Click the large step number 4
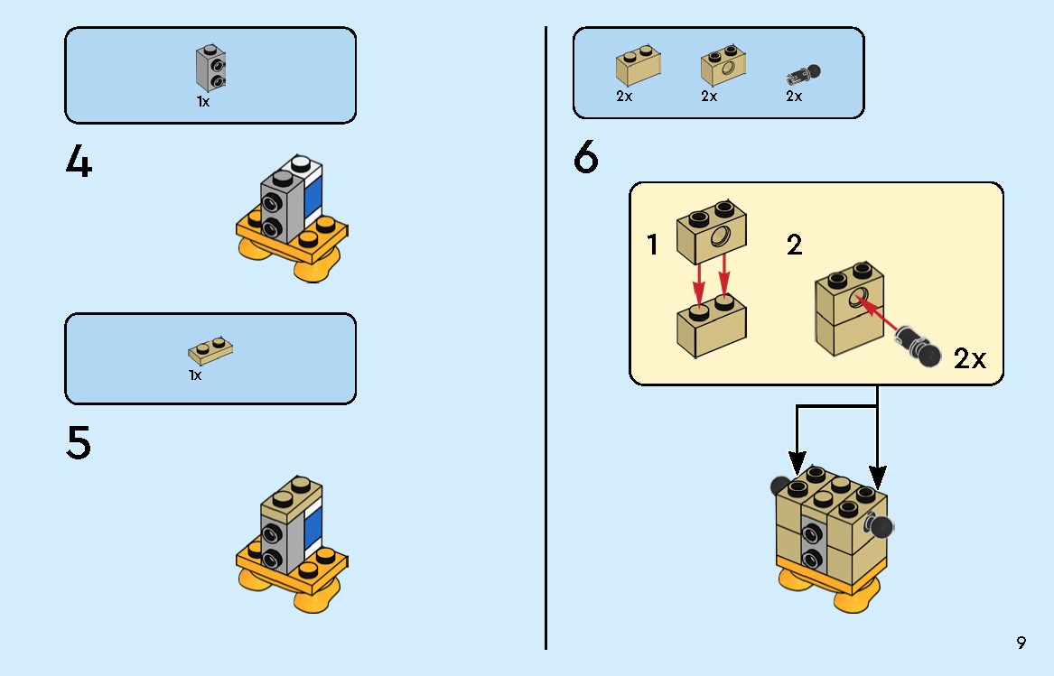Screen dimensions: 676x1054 tap(79, 162)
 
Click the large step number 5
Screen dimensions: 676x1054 tap(79, 443)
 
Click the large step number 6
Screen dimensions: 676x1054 tap(586, 160)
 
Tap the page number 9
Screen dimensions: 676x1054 tap(1021, 643)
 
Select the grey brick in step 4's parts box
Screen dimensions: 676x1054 tap(210, 69)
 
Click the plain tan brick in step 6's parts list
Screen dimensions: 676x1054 tap(638, 66)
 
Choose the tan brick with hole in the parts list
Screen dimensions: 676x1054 tap(722, 66)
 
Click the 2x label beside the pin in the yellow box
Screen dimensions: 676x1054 tap(970, 359)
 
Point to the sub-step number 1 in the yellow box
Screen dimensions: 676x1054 tap(653, 245)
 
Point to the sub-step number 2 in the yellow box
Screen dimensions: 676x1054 tap(794, 245)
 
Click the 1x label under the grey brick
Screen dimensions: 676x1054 tap(203, 102)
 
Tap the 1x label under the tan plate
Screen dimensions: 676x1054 tap(195, 375)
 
